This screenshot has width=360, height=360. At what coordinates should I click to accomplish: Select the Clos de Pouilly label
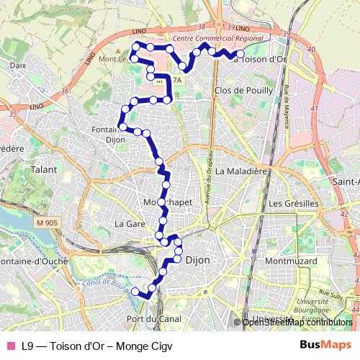pyautogui.click(x=244, y=91)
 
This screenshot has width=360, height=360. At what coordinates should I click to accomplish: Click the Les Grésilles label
pyautogui.click(x=293, y=204)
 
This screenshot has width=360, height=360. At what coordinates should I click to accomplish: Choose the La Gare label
pyautogui.click(x=130, y=224)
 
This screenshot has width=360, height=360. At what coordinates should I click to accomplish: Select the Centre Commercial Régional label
pyautogui.click(x=214, y=37)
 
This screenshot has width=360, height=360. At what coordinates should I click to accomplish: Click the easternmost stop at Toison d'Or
pyautogui.click(x=240, y=53)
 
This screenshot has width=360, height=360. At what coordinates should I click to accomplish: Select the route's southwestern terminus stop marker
pyautogui.click(x=135, y=291)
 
